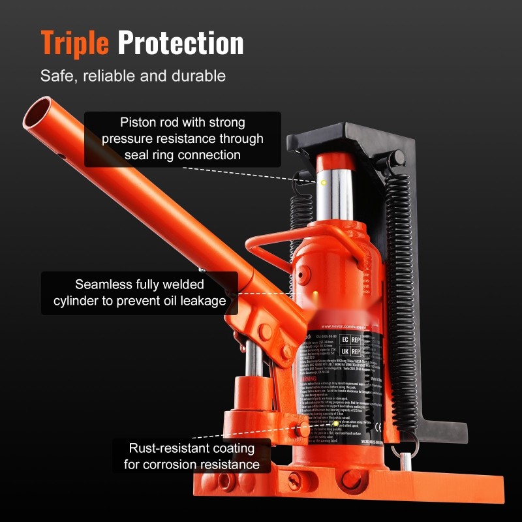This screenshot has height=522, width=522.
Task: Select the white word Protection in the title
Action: (181, 42)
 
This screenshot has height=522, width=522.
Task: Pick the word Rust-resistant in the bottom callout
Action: (172, 448)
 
